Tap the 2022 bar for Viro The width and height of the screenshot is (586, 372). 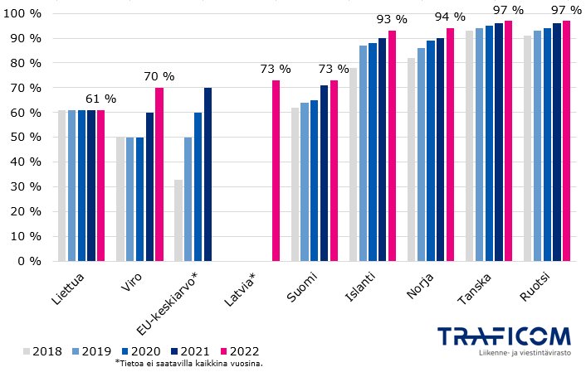coord(159,174)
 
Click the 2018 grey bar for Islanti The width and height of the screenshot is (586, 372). coord(354,164)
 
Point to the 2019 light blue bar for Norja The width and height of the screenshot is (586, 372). coord(422,154)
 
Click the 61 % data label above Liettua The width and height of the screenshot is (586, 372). coord(101,99)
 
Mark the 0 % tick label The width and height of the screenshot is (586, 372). coord(30,261)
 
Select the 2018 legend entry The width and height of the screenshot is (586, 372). coord(42,350)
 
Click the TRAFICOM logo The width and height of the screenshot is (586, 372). coord(505,336)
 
